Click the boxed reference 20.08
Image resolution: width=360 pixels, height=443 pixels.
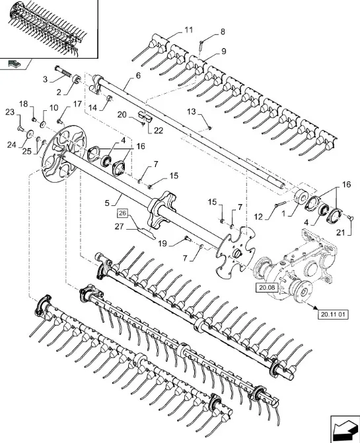267,288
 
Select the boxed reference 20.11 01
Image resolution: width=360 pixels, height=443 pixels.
333,314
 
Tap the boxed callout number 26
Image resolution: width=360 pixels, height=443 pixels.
122,213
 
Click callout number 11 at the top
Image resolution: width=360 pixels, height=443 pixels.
189,30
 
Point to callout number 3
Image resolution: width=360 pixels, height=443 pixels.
45,79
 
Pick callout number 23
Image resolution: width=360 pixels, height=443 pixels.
10,112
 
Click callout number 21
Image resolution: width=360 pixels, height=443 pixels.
341,232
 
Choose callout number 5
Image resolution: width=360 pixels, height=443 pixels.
107,203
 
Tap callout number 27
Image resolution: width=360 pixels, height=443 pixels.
120,226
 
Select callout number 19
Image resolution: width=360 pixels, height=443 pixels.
162,243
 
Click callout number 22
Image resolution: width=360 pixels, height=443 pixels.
159,130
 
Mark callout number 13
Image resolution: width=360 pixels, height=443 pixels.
192,112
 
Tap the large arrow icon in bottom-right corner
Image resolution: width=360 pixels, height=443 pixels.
345,429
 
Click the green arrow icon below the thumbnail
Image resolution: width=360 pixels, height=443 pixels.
14,63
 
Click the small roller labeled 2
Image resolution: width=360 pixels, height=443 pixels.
77,79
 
